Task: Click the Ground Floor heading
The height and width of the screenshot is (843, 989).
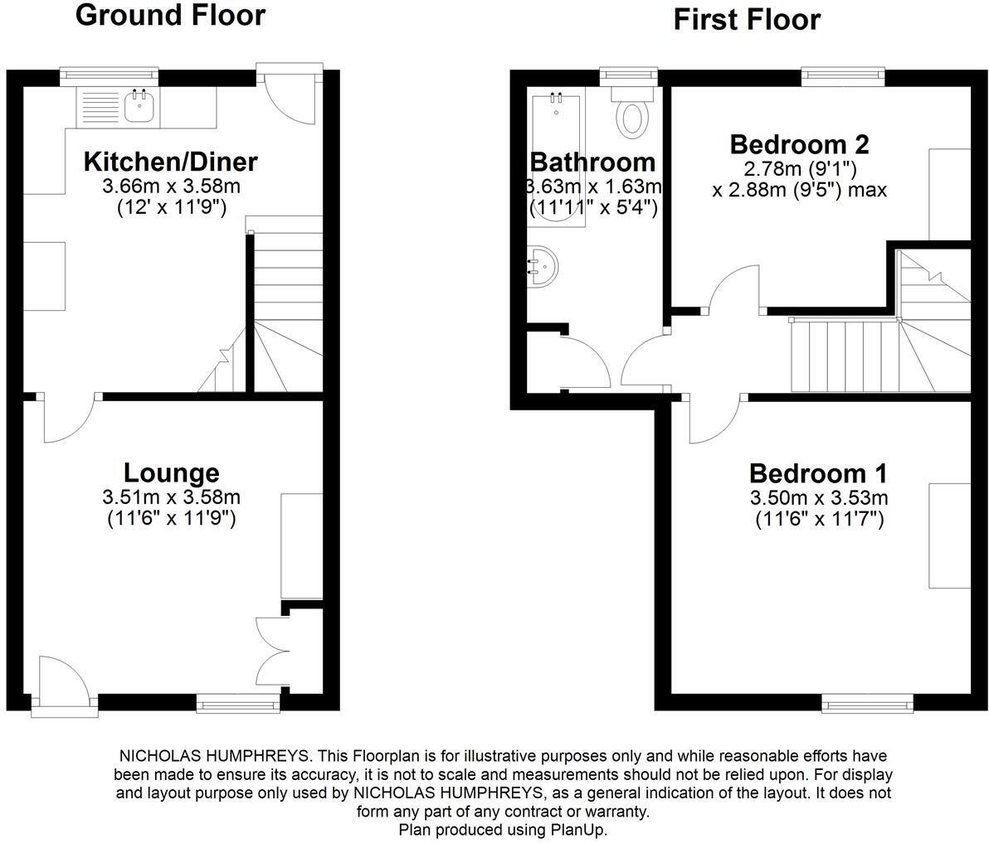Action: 170,15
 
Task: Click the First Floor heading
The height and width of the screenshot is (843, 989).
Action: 747,18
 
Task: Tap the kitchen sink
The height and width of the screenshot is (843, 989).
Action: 138,105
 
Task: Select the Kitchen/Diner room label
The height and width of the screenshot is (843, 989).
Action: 171,161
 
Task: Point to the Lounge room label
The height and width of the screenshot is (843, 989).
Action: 172,472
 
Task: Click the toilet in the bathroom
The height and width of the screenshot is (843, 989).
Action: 632,117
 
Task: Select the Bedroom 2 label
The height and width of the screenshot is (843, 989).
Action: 799,144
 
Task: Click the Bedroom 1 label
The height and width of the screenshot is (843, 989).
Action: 818,473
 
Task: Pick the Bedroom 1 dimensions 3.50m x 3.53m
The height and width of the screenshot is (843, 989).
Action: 819,498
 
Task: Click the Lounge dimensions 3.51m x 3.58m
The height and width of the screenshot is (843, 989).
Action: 172,497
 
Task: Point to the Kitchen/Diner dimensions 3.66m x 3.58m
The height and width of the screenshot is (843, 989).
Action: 171,185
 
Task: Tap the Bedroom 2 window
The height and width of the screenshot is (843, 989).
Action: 842,77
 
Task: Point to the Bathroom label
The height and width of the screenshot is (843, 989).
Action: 592,162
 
